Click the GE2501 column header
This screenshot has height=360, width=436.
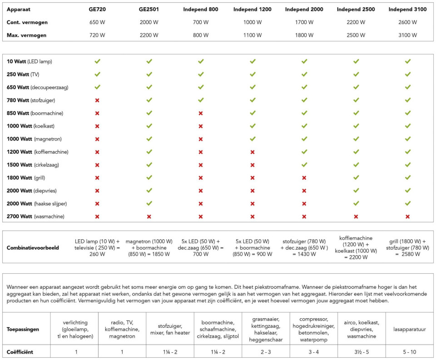149,9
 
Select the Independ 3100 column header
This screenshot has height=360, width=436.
408,9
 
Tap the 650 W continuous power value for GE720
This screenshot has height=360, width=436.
97,22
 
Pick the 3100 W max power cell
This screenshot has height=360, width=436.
408,35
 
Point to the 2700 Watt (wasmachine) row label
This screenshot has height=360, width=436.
35,217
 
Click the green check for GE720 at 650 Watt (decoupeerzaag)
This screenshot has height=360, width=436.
97,87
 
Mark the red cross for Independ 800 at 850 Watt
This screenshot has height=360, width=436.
201,113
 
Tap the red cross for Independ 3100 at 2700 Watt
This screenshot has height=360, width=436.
408,217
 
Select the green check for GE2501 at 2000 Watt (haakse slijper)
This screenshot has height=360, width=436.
149,204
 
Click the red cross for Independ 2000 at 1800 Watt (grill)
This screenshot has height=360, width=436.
304,178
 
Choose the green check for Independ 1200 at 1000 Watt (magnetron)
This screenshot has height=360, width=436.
253,139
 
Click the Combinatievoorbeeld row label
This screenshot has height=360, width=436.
33,248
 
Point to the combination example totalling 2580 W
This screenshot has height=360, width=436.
408,248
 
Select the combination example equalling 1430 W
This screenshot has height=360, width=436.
304,248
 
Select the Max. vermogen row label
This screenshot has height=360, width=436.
27,35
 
